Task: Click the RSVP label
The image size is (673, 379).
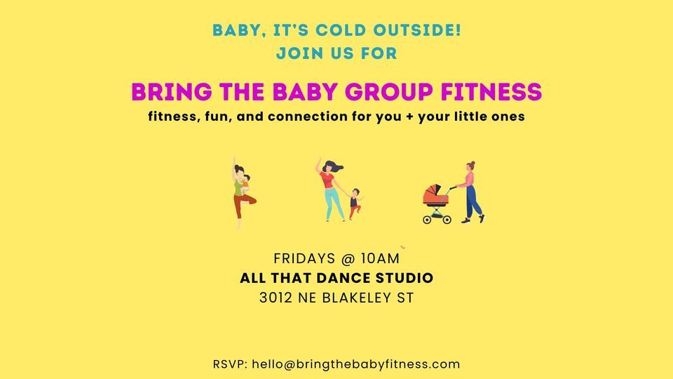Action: (x=230, y=364)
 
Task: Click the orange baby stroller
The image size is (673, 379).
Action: (x=436, y=204)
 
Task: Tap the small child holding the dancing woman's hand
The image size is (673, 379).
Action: (x=355, y=202)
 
